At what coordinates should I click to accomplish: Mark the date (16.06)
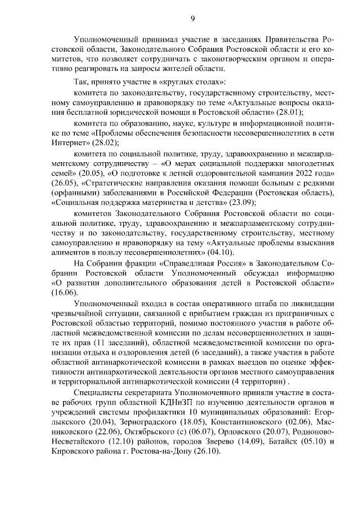point(61,294)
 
